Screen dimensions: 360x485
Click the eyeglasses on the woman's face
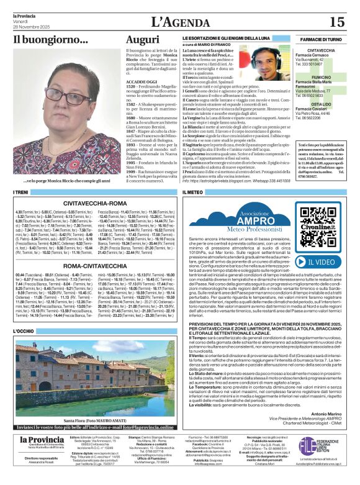[x=63, y=97]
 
